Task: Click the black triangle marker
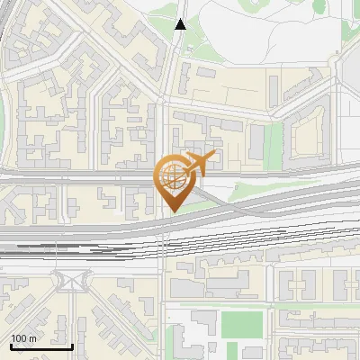181,24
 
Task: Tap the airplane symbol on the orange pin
199,164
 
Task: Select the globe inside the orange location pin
171,175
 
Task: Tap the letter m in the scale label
32,338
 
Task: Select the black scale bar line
41,346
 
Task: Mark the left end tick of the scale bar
11,345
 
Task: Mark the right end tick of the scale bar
72,345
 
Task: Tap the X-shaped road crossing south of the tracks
68,280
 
